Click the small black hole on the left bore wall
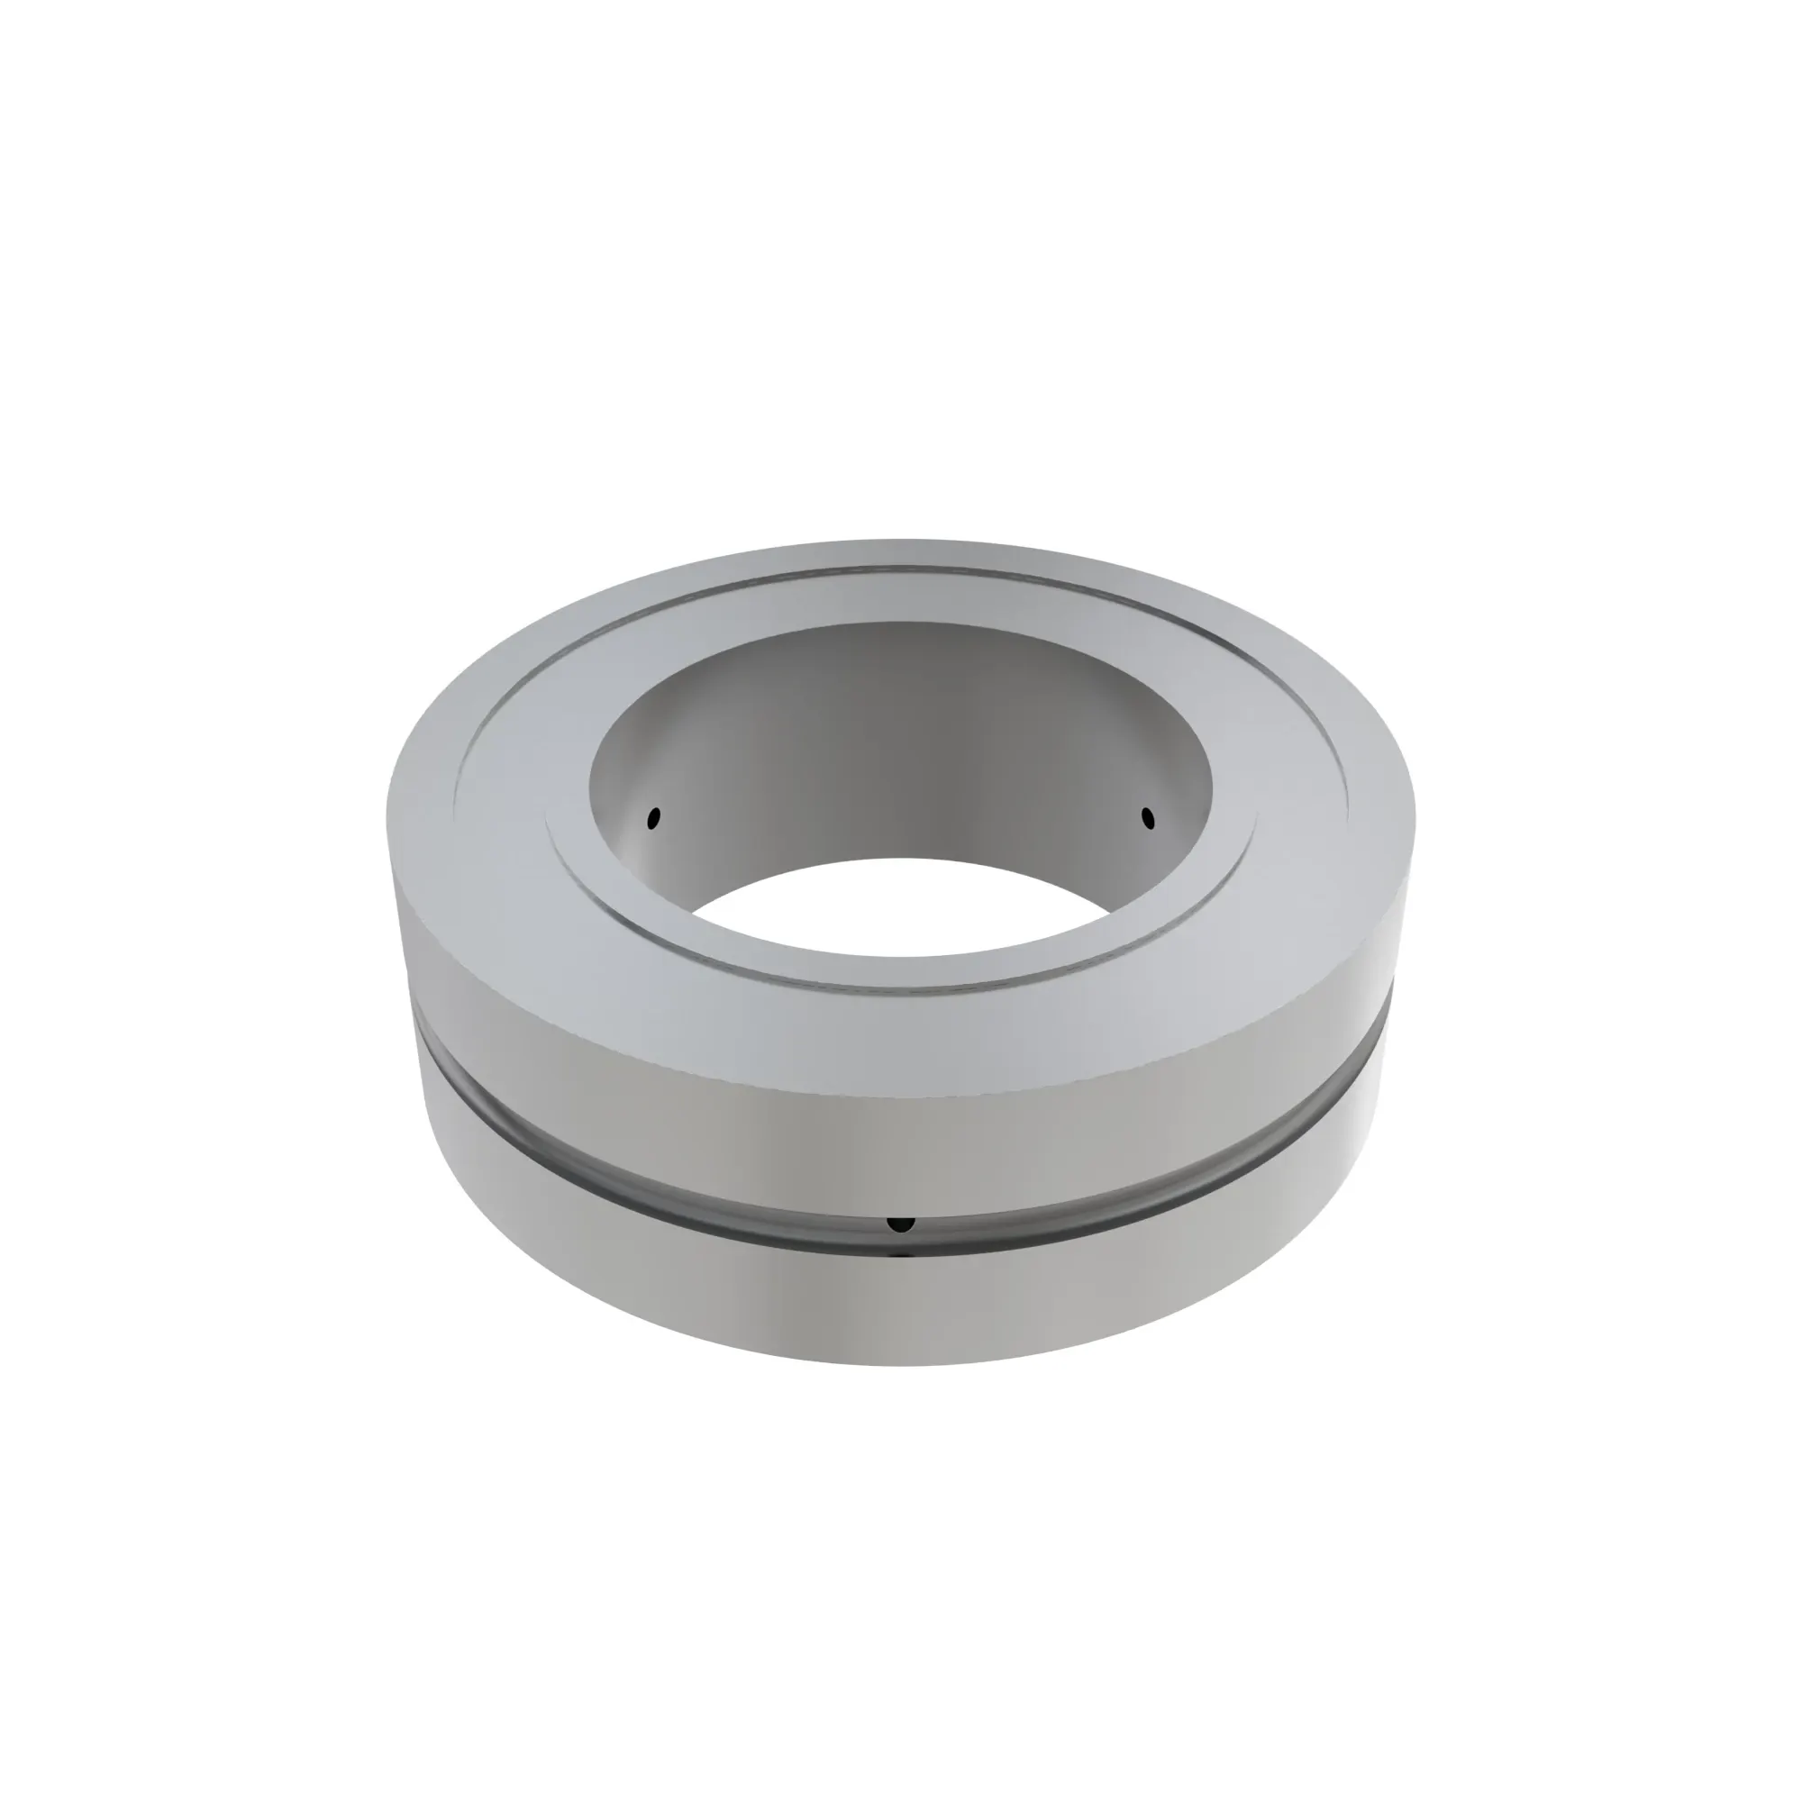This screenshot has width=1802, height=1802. coord(654,818)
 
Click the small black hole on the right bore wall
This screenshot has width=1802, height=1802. coord(1147,818)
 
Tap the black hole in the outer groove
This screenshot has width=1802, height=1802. coord(900,1223)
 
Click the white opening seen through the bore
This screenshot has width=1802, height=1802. coord(901,905)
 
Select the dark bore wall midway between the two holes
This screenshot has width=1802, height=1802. coord(901,746)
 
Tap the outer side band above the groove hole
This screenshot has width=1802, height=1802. coord(900,1147)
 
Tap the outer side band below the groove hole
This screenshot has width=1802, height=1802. coord(900,1306)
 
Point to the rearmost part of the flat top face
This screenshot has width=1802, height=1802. coord(901,551)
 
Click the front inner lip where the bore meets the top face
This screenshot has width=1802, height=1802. coord(901,955)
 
